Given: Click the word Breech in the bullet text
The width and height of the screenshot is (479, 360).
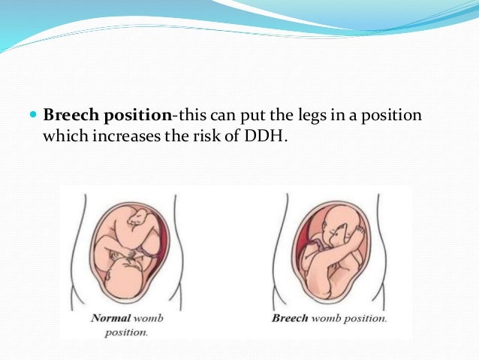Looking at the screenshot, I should click(68, 116).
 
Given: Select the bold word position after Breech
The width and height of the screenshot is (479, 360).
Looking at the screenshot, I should click(136, 117).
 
